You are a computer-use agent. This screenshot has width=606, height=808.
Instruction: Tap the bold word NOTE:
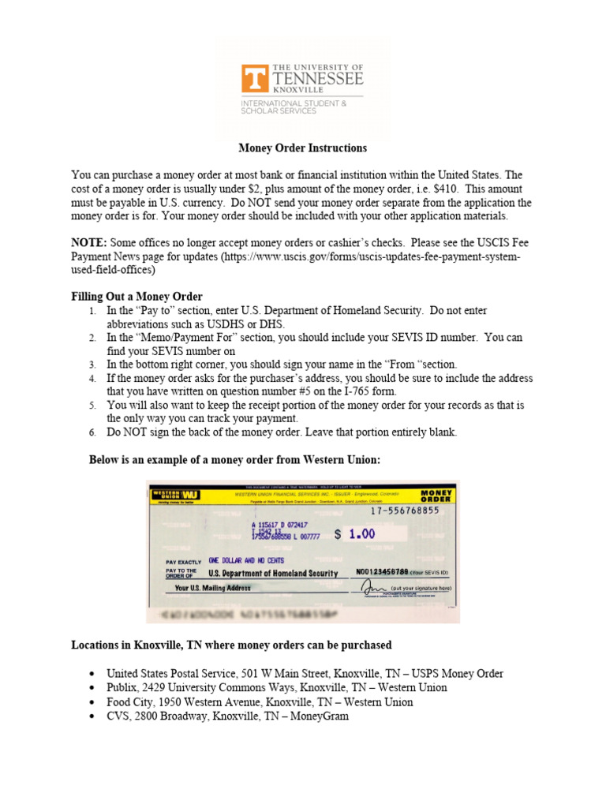(x=89, y=242)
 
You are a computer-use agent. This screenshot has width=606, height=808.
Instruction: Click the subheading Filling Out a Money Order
(x=137, y=297)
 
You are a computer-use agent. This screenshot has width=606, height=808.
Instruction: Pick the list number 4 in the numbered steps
(x=92, y=379)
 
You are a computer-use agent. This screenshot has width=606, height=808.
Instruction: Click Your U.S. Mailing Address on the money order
(x=212, y=588)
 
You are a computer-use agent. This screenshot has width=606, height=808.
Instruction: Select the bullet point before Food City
(x=92, y=701)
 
